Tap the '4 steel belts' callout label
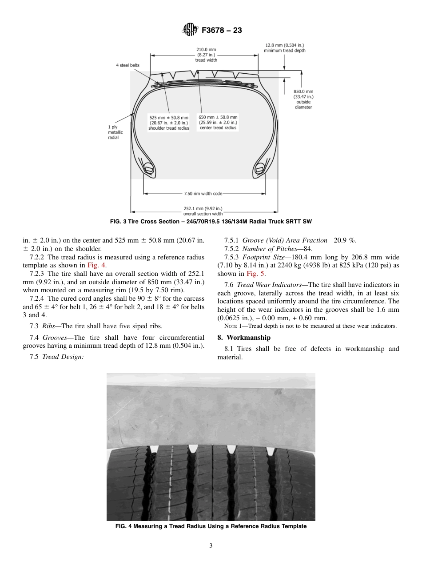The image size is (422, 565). click(x=127, y=65)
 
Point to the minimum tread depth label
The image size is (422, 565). click(x=284, y=48)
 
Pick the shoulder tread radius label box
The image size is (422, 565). click(x=168, y=123)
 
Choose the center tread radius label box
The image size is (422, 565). click(x=218, y=123)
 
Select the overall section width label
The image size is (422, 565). click(x=203, y=211)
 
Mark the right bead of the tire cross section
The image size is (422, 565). click(x=259, y=169)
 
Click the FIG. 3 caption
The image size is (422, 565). click(x=211, y=221)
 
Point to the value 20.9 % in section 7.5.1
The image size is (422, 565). click(x=344, y=240)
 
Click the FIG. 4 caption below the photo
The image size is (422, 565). click(x=211, y=526)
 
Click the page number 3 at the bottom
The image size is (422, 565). click(x=211, y=546)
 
